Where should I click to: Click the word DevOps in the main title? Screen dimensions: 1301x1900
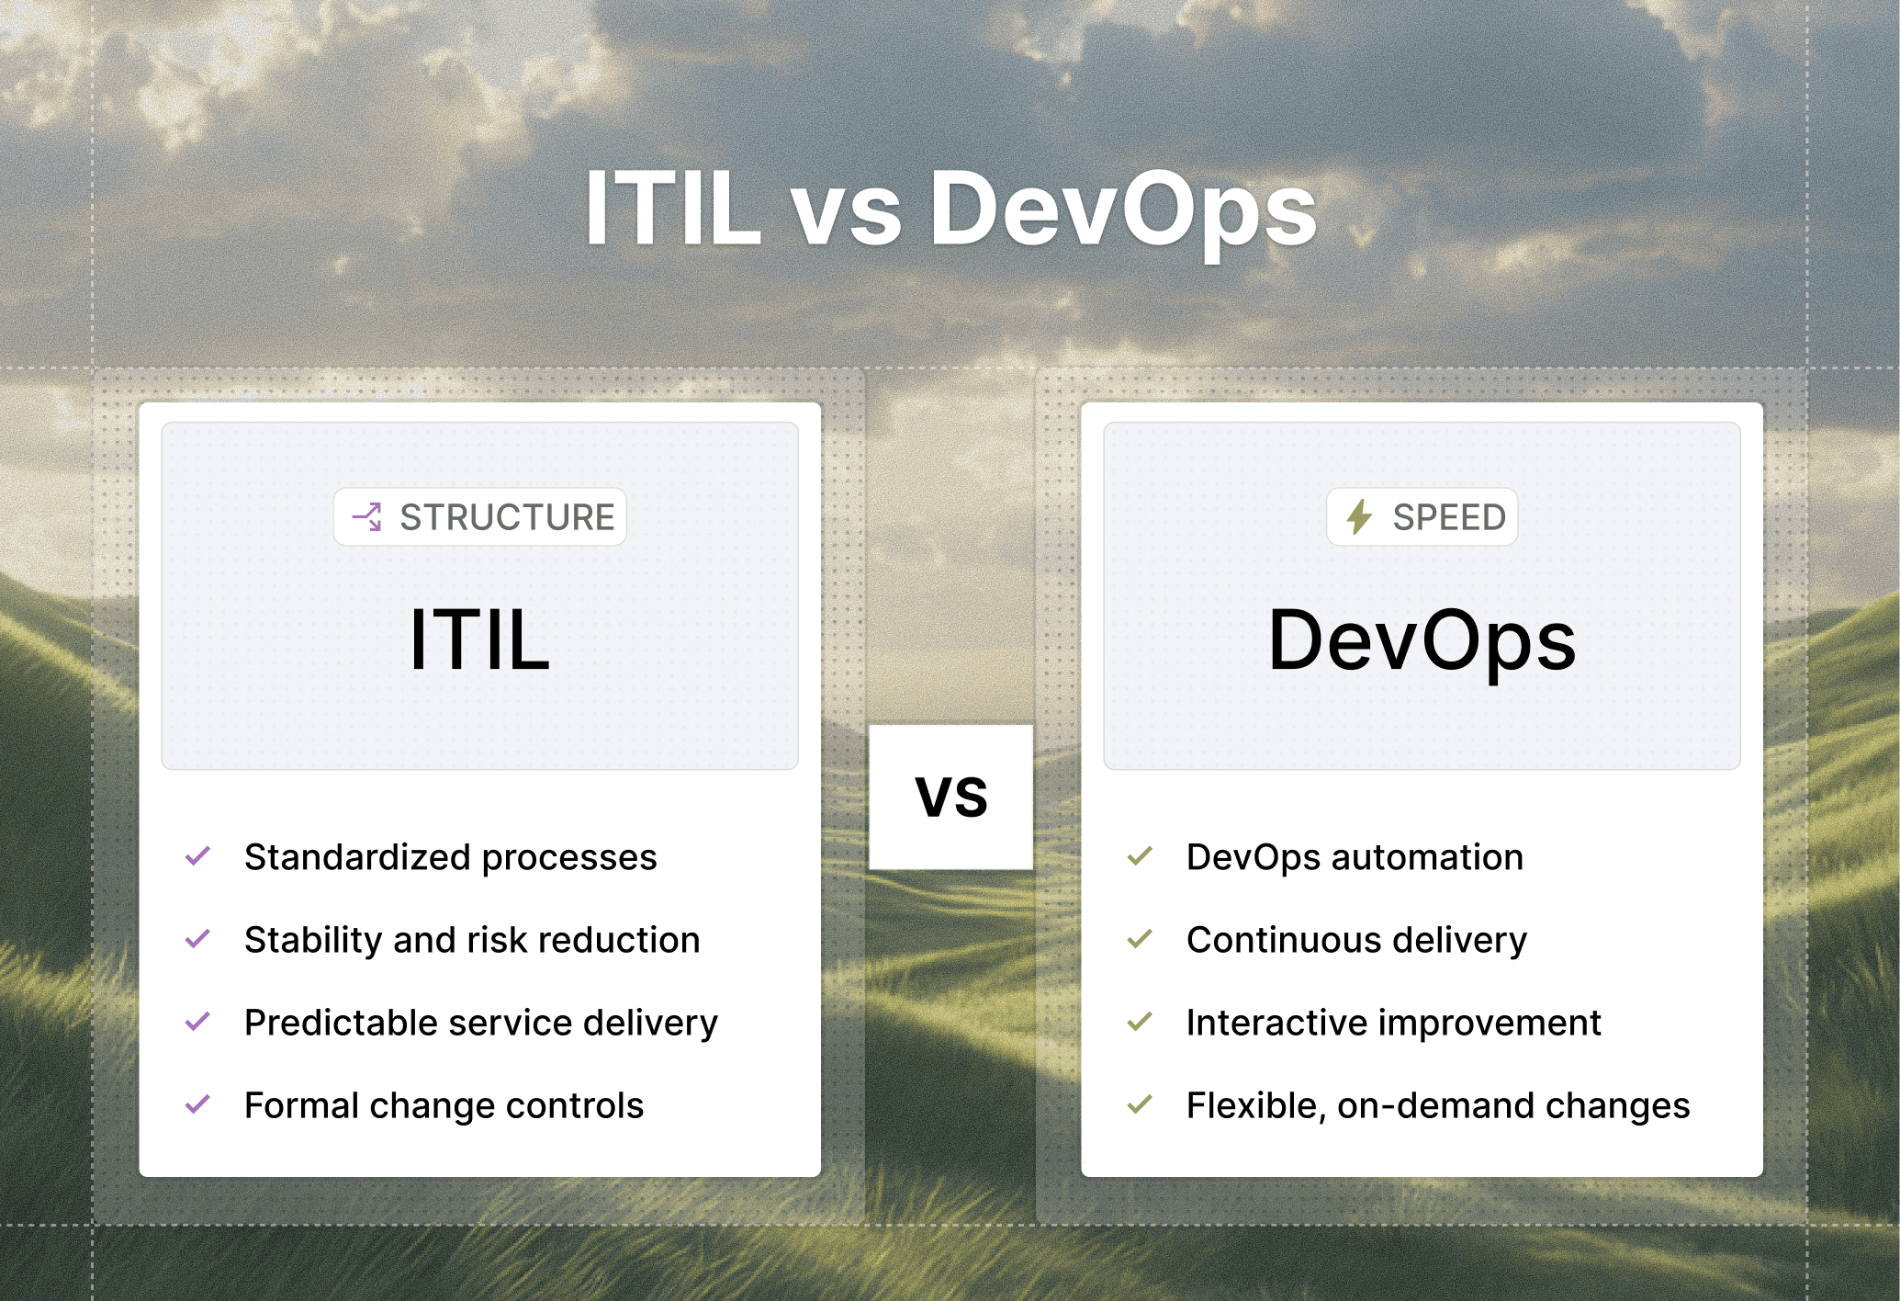[x=1122, y=209]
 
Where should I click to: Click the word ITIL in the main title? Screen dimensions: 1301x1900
[x=673, y=209]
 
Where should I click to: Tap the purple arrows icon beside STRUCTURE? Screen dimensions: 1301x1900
[x=367, y=517]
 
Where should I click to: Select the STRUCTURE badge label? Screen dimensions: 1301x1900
[x=507, y=517]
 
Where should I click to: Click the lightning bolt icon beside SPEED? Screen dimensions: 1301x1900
[x=1359, y=517]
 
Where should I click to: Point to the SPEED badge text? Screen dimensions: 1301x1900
[x=1449, y=517]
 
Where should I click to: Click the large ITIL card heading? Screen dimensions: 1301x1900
[x=479, y=640]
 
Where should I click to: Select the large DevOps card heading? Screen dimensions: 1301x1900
[x=1422, y=640]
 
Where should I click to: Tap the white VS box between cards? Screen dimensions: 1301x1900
[x=951, y=797]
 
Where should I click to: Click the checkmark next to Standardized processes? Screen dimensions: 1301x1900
[x=197, y=856]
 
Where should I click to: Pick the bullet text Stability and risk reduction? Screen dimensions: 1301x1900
[x=472, y=940]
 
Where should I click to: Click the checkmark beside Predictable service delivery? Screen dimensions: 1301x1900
[x=197, y=1022]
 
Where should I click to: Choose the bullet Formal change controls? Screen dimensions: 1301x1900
[x=444, y=1105]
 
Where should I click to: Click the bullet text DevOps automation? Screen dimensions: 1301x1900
[x=1355, y=857]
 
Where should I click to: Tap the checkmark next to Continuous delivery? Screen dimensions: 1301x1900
[x=1140, y=939]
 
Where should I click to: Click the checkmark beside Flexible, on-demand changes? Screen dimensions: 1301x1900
[x=1140, y=1104]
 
